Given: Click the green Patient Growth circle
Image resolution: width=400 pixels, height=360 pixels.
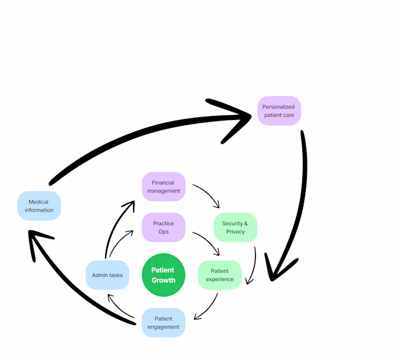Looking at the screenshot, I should click(x=163, y=275).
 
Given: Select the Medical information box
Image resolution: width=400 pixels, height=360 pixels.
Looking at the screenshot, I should click(x=39, y=206).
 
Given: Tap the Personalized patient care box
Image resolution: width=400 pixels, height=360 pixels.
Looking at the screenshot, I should click(x=278, y=111).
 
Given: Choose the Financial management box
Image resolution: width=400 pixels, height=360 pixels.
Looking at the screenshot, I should click(x=163, y=187).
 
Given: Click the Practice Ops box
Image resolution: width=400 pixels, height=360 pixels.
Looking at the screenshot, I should click(x=163, y=227).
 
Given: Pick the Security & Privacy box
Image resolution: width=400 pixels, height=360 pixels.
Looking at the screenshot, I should click(x=235, y=227).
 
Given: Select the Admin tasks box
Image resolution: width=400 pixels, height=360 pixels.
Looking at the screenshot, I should click(x=107, y=275).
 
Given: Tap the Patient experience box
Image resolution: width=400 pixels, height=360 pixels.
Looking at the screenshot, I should click(x=219, y=275).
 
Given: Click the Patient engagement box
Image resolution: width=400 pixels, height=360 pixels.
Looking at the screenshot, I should click(x=163, y=323).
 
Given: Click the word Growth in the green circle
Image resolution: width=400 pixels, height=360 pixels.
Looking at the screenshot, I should click(x=163, y=281).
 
